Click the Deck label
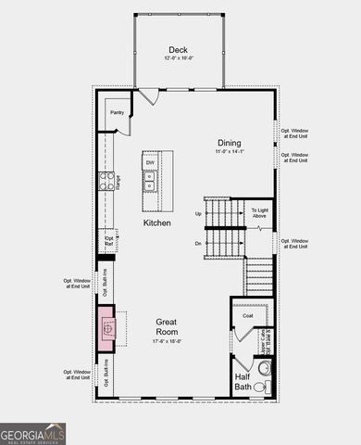[x=179, y=50]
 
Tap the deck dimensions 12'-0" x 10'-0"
[x=179, y=59]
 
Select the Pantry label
[x=118, y=113]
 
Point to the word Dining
[x=229, y=143]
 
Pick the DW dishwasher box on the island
[x=150, y=163]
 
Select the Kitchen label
[x=156, y=223]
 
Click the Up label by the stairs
[x=198, y=213]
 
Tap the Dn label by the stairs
[x=198, y=243]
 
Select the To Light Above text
[x=260, y=214]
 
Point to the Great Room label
[x=167, y=326]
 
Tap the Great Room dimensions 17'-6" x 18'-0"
[x=167, y=341]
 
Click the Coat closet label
[x=248, y=316]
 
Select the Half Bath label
[x=243, y=380]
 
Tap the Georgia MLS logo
[x=33, y=433]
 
